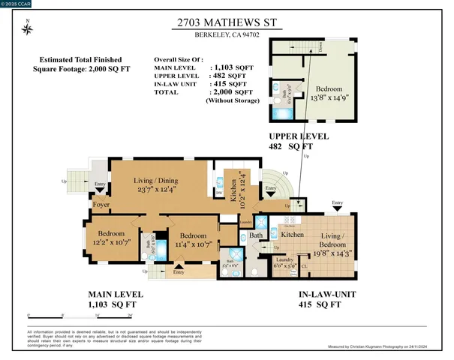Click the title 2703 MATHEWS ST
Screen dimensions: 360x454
coord(227,23)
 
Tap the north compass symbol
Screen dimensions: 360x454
coord(28,29)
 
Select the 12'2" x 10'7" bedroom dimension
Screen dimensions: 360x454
coord(111,243)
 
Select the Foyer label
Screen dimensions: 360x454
coord(101,205)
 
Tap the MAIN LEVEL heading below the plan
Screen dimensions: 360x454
coord(116,295)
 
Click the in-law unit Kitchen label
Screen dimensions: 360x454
coord(293,235)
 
